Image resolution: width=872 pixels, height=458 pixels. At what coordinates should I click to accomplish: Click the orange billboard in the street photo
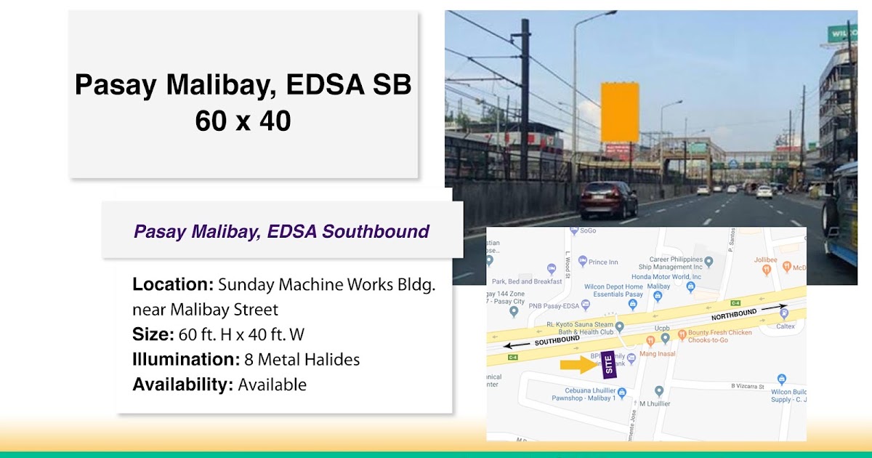(x=620, y=112)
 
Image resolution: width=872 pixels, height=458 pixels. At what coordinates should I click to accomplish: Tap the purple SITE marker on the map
(x=610, y=363)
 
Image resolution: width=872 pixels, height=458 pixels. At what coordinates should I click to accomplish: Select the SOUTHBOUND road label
(x=557, y=340)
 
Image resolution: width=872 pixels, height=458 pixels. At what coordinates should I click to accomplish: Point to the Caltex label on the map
(x=785, y=326)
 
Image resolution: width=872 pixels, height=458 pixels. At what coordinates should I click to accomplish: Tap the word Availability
(x=182, y=385)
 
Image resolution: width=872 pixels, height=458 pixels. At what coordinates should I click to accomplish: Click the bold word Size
(x=153, y=334)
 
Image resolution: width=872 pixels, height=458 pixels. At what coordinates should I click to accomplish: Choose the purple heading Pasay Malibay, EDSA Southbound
(x=282, y=232)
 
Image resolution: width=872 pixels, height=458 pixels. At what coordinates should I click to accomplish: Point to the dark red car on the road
(x=608, y=199)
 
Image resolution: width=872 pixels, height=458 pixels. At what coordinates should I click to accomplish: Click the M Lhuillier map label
(x=655, y=403)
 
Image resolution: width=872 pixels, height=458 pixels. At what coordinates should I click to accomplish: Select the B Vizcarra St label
(x=748, y=386)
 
